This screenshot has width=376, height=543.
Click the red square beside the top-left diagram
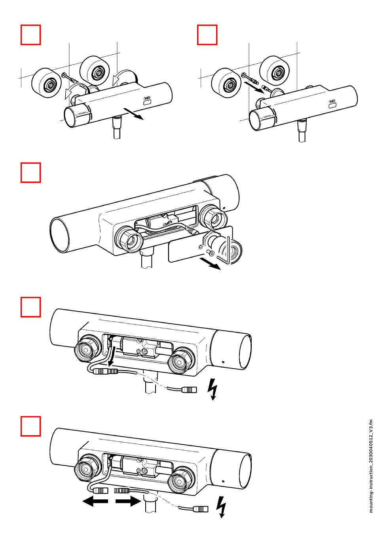click(x=31, y=35)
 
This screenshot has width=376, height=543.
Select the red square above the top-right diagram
click(x=207, y=35)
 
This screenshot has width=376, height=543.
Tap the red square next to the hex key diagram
click(x=31, y=172)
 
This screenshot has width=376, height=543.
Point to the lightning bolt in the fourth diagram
click(x=213, y=389)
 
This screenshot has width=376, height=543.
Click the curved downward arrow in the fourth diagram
click(x=113, y=355)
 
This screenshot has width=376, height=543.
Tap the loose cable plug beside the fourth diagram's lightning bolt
click(x=188, y=390)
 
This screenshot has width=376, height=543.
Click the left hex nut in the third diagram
click(x=129, y=241)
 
